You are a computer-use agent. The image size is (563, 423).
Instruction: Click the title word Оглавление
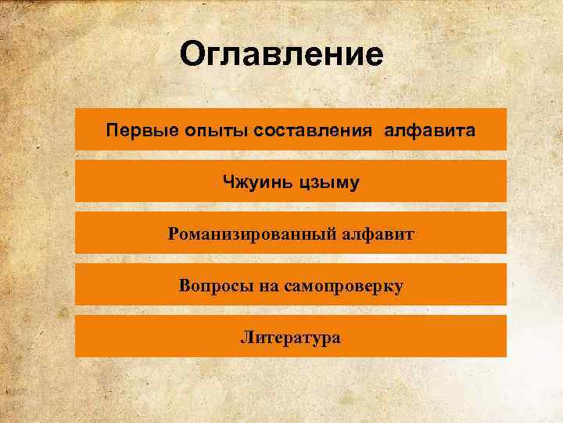click(x=281, y=55)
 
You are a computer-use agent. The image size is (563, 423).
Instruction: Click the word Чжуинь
click(x=256, y=183)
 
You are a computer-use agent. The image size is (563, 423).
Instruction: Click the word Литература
click(x=290, y=338)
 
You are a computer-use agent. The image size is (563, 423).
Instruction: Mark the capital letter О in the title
click(x=191, y=55)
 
